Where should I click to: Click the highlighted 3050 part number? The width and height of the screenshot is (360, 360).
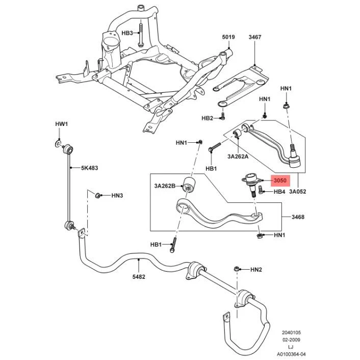tap(280, 181)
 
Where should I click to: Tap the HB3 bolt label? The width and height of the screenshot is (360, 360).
tap(127, 33)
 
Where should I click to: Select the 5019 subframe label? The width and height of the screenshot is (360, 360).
tap(228, 37)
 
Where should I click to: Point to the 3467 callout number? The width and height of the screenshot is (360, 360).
tap(255, 37)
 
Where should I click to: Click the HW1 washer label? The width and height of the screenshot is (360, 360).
tap(62, 124)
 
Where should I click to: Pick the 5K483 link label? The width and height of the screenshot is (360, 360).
tap(89, 168)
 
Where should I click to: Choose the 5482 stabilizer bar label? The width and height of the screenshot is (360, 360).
tap(139, 277)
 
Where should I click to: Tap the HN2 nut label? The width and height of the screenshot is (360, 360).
tap(256, 270)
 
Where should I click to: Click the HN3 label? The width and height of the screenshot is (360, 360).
tap(117, 196)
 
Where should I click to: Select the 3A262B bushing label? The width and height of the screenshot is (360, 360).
tap(165, 186)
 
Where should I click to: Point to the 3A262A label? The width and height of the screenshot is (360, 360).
tap(238, 157)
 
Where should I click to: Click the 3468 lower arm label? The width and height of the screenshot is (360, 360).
tap(298, 217)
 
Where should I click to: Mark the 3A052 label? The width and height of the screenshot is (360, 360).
tap(298, 192)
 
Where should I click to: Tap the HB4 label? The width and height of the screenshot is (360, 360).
tap(279, 192)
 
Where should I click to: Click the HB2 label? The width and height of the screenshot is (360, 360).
tap(208, 118)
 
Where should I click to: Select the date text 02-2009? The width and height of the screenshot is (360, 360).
tap(291, 340)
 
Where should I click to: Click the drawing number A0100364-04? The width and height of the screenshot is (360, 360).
tap(291, 354)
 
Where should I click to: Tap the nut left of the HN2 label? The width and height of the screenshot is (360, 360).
tap(237, 269)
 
